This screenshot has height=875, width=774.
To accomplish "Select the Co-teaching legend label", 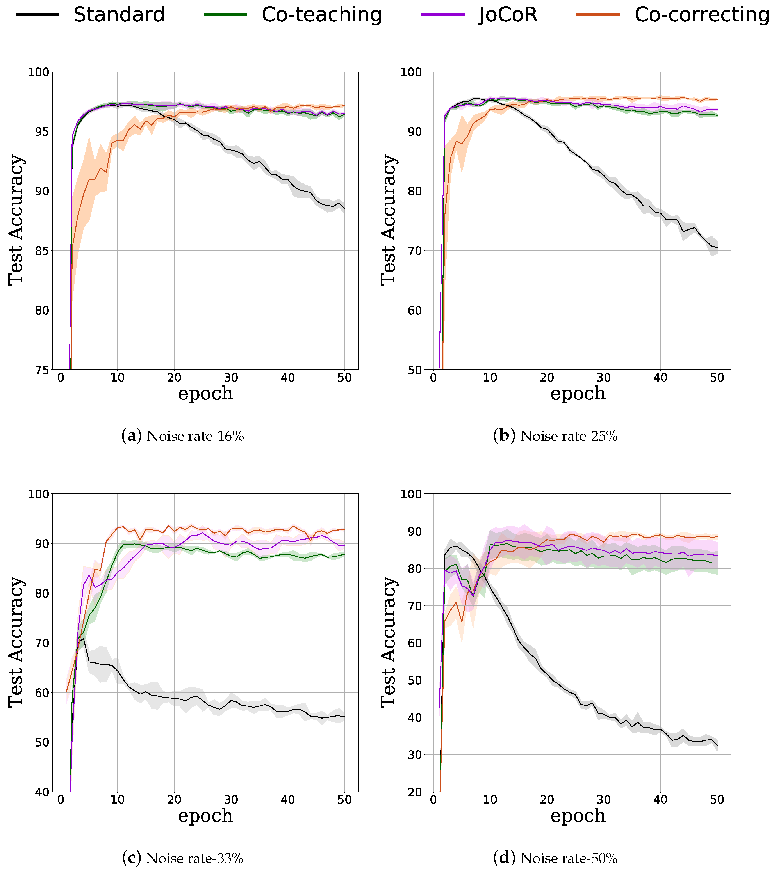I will pyautogui.click(x=321, y=14).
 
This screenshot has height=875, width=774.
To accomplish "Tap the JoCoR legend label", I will pyautogui.click(x=508, y=14).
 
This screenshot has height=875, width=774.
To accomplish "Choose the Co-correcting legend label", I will pyautogui.click(x=702, y=14).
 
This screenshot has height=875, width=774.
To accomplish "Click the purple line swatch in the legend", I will pyautogui.click(x=443, y=14).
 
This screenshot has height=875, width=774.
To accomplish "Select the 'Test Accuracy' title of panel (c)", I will pyautogui.click(x=16, y=642).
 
